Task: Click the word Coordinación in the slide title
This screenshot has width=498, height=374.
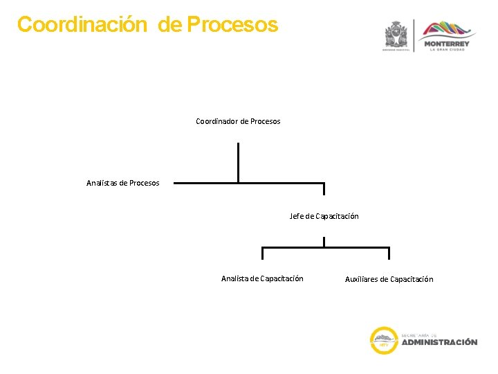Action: pos(82,25)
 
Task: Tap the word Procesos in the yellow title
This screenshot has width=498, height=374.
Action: pos(232,25)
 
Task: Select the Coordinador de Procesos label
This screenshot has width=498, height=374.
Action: pos(238,121)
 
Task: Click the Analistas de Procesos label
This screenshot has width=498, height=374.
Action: pos(122,183)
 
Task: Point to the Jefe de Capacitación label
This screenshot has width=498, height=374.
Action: pos(324,216)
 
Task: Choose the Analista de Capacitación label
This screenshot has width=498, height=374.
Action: pos(262,278)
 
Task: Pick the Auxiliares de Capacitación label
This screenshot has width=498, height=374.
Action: pos(389,279)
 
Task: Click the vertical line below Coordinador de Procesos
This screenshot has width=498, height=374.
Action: pos(238,162)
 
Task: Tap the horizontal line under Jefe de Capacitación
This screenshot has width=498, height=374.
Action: pos(325,248)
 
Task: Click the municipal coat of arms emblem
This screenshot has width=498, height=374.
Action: pos(397,34)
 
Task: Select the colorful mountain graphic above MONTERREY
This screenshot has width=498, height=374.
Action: pos(450,30)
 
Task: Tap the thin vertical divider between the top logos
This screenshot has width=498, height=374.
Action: pos(414,35)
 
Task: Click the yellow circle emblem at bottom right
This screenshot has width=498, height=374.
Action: pos(384,340)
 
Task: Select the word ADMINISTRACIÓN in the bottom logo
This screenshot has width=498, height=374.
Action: pos(439,342)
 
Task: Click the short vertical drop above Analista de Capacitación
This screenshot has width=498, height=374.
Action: pos(262,254)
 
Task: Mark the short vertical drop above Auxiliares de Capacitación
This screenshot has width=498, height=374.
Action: pos(389,254)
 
